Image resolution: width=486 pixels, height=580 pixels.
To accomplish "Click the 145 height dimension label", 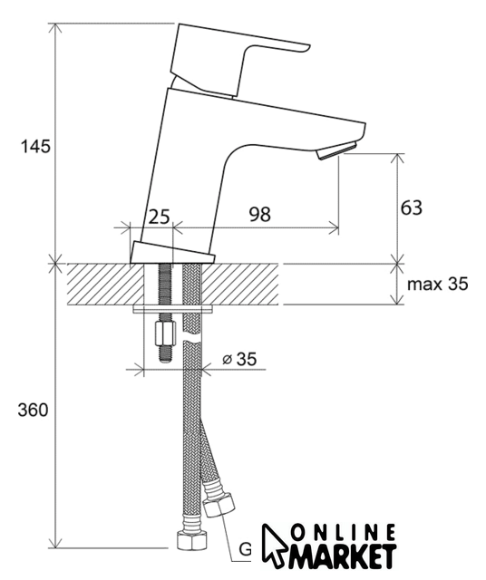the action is [x=35, y=147].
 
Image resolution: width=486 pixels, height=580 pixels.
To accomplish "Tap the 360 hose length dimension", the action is [x=33, y=410].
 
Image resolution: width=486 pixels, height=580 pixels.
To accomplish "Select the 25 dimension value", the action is [x=159, y=217].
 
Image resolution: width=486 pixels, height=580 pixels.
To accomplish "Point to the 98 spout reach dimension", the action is [x=260, y=215].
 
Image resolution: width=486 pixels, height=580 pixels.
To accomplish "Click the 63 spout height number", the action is [x=412, y=208].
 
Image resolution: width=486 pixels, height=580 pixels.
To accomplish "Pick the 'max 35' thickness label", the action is [x=438, y=284].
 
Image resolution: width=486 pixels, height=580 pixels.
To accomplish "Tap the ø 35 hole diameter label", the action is [x=239, y=359].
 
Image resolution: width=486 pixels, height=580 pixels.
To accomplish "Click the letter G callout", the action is [x=245, y=550].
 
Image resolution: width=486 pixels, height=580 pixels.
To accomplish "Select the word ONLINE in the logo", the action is [x=343, y=533].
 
